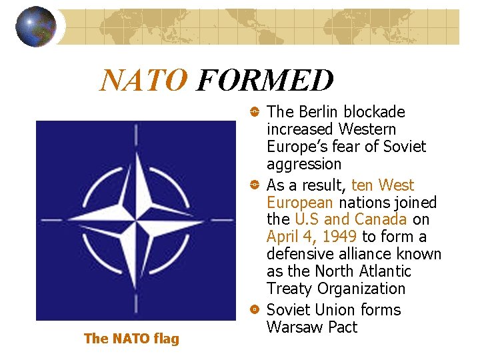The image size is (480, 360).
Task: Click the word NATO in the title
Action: tap(143, 81)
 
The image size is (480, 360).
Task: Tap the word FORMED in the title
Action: tap(265, 81)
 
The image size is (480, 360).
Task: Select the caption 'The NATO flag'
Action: tap(131, 339)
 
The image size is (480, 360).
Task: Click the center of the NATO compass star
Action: tap(136, 220)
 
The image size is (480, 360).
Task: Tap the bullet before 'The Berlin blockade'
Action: tap(254, 112)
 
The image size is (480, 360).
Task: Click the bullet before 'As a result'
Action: tap(254, 185)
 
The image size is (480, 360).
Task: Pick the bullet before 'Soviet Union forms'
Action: tap(254, 310)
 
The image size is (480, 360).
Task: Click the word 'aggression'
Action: tap(303, 165)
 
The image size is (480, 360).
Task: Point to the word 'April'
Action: tap(283, 237)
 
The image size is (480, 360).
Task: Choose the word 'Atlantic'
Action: tap(386, 271)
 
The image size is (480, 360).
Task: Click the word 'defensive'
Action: tap(297, 254)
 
